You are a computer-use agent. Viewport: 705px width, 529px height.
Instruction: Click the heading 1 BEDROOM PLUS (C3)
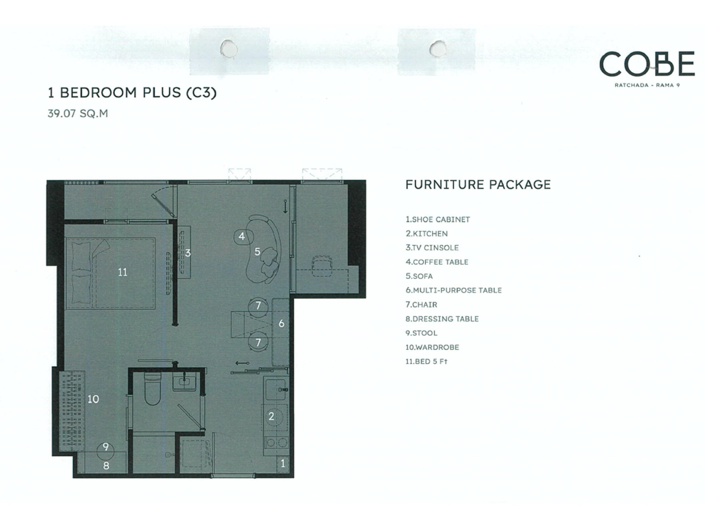[132, 93]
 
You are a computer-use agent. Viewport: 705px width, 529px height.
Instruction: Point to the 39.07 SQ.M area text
[78, 113]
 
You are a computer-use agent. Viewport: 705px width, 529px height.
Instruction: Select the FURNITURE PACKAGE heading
[478, 185]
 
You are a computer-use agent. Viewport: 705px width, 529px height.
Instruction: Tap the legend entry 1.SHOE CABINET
[437, 219]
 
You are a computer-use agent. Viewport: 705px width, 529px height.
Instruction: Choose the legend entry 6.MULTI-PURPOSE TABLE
[454, 290]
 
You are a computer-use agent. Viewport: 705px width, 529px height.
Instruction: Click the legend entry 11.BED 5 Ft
[426, 361]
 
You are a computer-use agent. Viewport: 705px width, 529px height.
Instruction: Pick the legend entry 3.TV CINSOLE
[432, 248]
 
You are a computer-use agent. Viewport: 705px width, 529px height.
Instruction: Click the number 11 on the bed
[123, 272]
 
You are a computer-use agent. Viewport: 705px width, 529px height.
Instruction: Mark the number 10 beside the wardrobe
[93, 399]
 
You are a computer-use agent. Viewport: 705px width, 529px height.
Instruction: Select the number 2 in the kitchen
[271, 416]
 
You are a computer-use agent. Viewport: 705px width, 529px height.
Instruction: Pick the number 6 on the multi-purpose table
[282, 324]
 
